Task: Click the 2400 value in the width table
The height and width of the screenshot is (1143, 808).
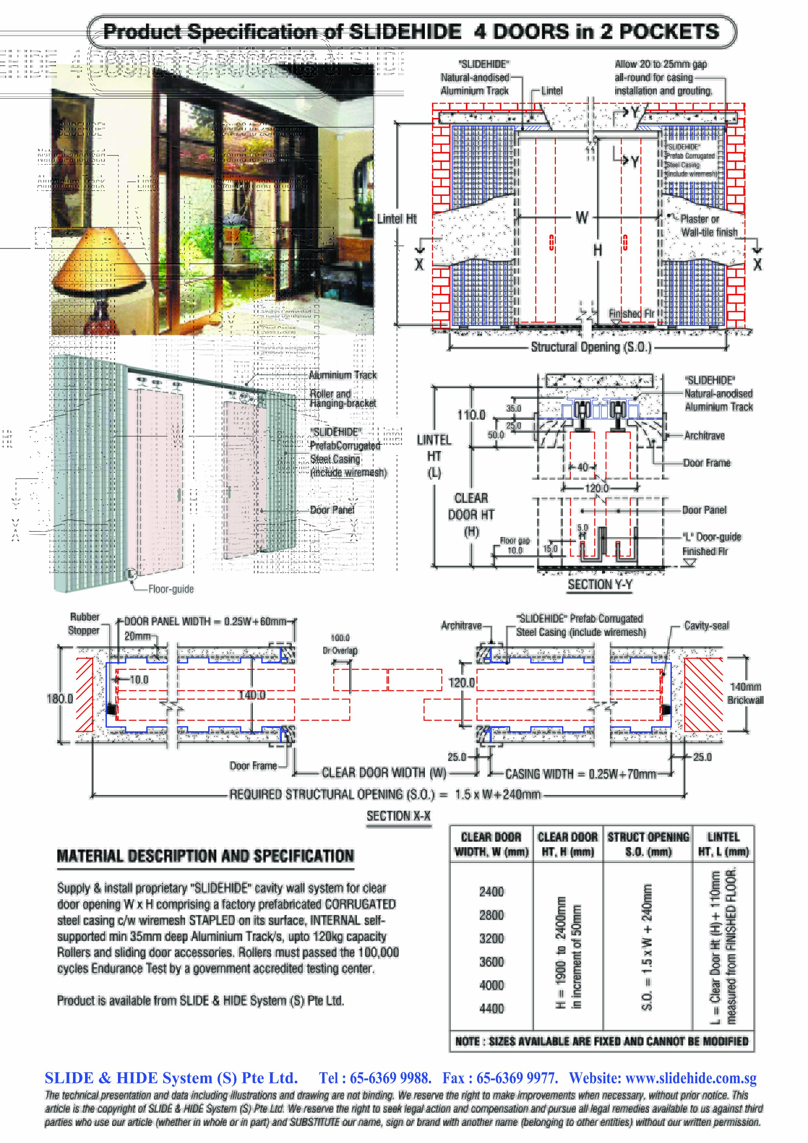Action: point(491,891)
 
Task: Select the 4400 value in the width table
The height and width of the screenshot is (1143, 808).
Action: point(491,1008)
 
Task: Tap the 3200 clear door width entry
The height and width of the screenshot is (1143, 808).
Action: point(491,938)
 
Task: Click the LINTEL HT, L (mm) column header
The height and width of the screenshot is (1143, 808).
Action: point(723,844)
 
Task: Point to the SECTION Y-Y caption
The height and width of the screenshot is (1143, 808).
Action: point(600,585)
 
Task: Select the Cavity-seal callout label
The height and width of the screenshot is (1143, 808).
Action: point(706,626)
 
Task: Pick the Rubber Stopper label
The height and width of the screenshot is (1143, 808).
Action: point(84,624)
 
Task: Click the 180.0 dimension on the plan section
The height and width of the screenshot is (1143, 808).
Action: point(59,699)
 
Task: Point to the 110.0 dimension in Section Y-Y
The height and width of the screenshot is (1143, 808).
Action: point(471,415)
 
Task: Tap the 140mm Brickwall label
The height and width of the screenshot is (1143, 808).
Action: point(745,693)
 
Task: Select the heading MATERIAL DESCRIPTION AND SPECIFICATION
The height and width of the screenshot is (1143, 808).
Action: point(205,856)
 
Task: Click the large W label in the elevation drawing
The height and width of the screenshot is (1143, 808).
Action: point(582,218)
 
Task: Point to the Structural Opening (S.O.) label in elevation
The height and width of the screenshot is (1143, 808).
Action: point(591,347)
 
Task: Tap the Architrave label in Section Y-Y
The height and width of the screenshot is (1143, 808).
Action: point(704,436)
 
